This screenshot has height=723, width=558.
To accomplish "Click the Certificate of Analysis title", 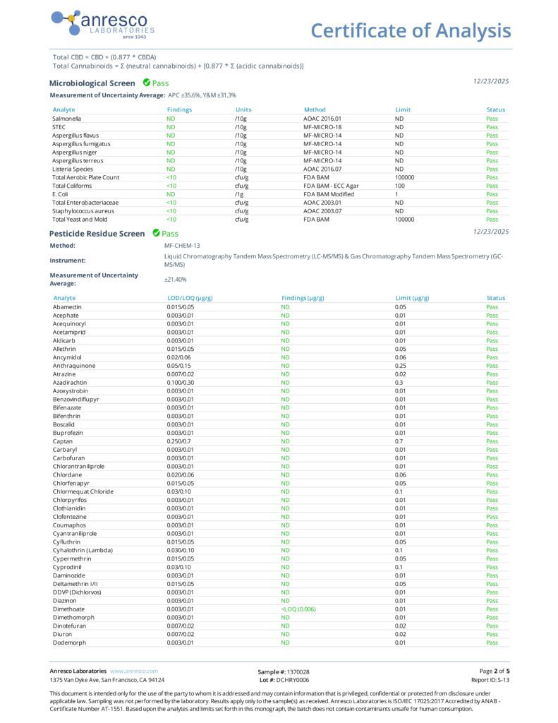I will tap(411, 30).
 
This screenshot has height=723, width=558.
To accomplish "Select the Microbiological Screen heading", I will tap(92, 83).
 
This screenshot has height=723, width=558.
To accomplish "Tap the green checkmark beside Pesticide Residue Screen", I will tap(156, 233).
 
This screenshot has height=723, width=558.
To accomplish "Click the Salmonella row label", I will tap(66, 119).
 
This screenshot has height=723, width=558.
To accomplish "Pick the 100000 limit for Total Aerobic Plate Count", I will tap(405, 177).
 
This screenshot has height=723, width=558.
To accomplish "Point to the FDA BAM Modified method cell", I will tap(329, 194).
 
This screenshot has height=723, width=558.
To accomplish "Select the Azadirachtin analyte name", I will tap(70, 382).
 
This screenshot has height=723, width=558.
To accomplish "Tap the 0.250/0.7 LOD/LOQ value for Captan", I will tap(179, 441).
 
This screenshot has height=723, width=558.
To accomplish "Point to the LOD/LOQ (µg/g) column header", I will tap(186, 298).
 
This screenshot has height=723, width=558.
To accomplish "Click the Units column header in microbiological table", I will tap(243, 110).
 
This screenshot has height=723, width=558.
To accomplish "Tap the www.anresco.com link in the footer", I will tap(134, 671).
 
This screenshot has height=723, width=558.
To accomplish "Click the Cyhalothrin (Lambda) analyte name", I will tap(82, 550).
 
